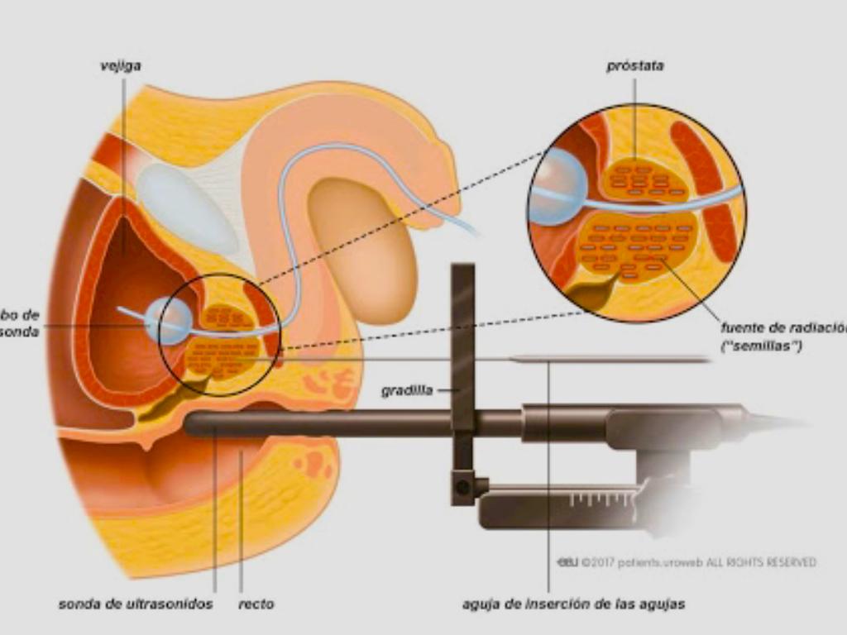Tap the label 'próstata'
[x=634, y=66]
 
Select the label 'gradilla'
[x=406, y=391]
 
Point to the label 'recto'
[x=256, y=604]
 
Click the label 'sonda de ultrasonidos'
[x=136, y=604]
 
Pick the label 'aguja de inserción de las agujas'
[x=573, y=604]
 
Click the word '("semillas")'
[x=762, y=346]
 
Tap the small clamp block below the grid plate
[x=462, y=487]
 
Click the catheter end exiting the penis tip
[x=472, y=229]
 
